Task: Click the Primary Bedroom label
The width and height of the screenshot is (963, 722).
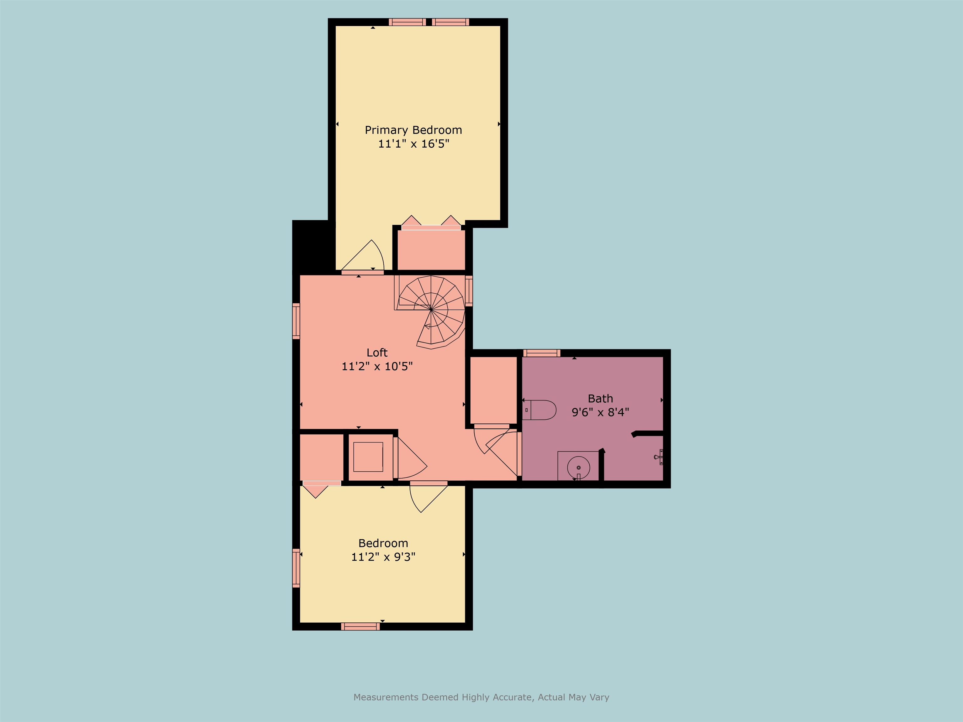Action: (x=413, y=130)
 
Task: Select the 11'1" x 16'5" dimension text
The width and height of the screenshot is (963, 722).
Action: (x=413, y=144)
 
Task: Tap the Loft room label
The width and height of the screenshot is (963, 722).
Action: (x=376, y=353)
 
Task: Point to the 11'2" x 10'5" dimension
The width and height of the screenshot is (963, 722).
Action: (x=376, y=366)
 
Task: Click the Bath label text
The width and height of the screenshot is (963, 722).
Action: (x=600, y=398)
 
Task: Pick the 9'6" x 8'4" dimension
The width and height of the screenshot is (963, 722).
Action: (x=600, y=412)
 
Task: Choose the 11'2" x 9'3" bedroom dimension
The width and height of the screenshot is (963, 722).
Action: (x=383, y=557)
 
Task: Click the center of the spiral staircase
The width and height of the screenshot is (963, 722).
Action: (x=431, y=309)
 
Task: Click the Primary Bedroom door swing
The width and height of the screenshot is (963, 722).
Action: (x=366, y=257)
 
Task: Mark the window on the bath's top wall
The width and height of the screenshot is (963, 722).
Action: (x=542, y=353)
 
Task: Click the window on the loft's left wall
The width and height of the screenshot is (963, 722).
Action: (x=296, y=321)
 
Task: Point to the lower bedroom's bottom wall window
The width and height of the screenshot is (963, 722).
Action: (x=360, y=626)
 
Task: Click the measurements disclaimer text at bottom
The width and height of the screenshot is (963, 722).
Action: (x=481, y=697)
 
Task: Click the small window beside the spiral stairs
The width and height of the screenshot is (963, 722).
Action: (x=469, y=291)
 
